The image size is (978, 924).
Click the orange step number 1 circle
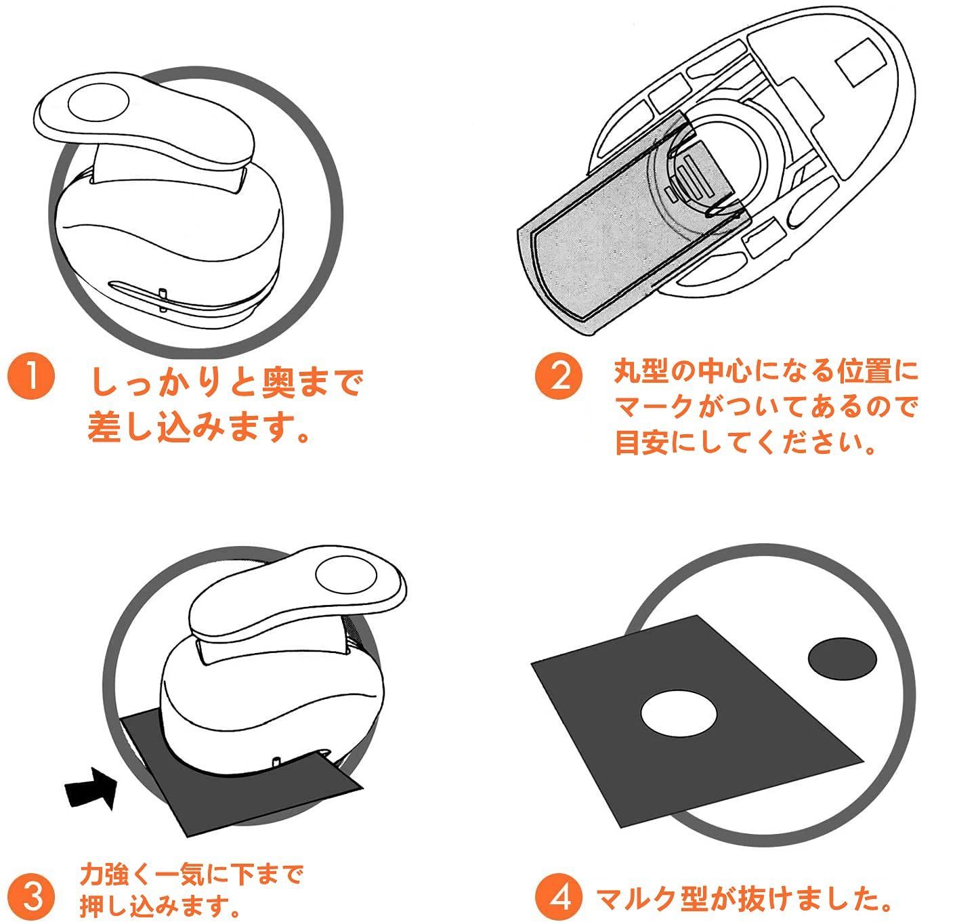point(32,378)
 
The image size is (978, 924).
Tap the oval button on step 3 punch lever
point(346,574)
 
